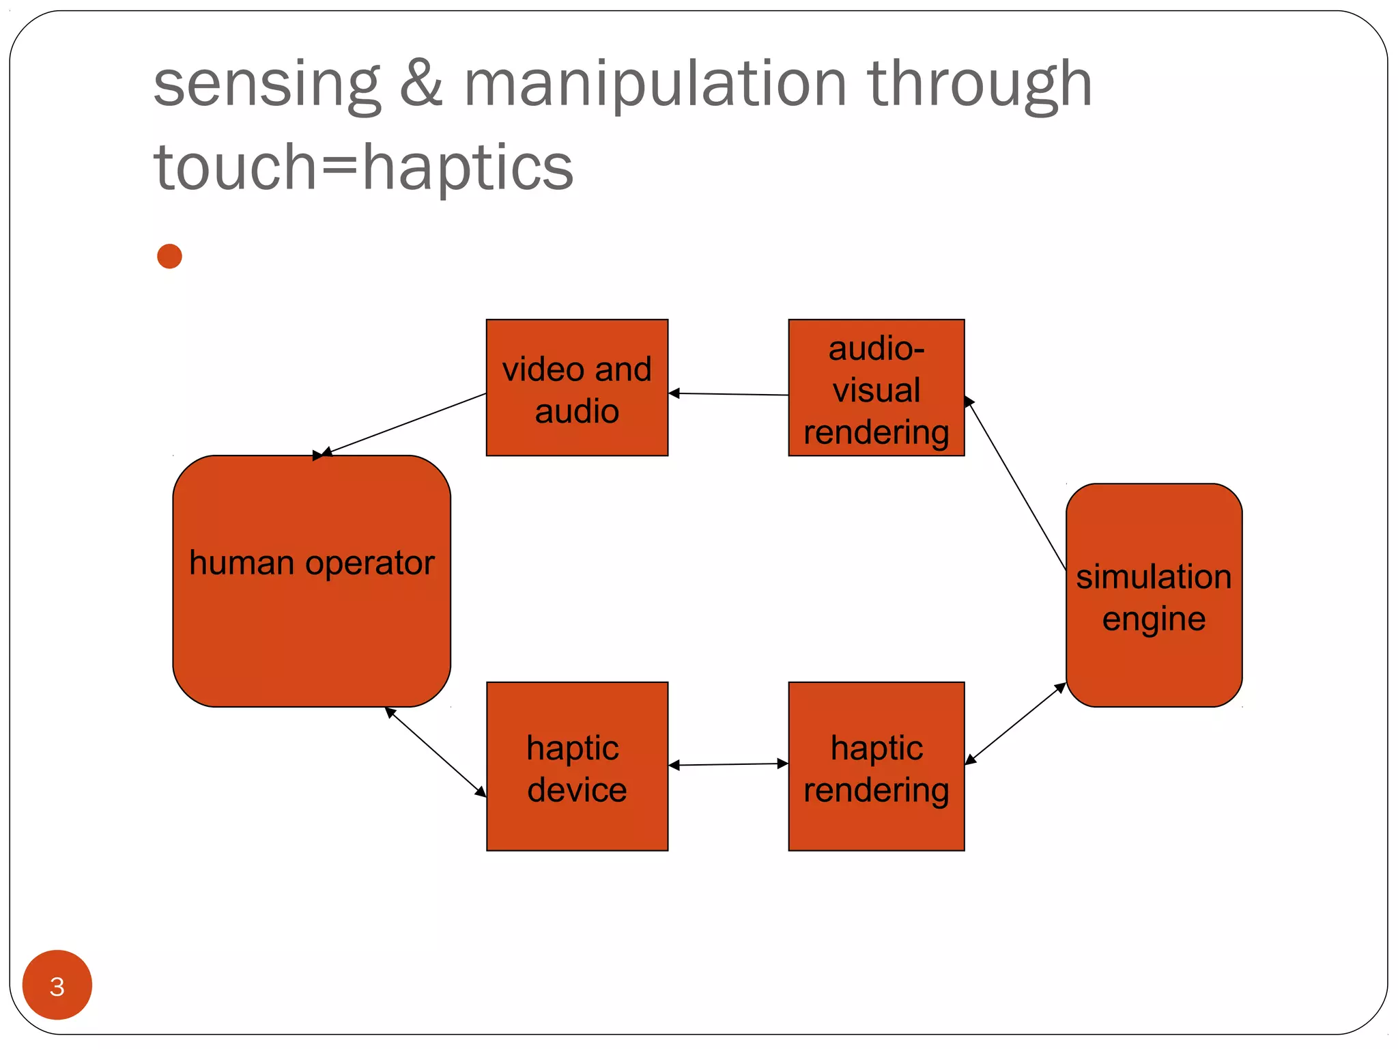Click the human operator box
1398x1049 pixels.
coord(311,615)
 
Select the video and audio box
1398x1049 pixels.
coord(577,388)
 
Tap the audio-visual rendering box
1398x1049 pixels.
coord(876,388)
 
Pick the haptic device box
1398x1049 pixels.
coord(577,766)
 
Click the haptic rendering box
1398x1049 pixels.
coord(876,766)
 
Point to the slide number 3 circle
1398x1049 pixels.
coord(57,985)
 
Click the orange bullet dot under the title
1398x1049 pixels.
coord(169,257)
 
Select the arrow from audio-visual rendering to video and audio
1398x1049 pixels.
coord(728,394)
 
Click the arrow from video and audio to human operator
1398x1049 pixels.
coord(404,424)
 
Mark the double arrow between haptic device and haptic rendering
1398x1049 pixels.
coord(728,764)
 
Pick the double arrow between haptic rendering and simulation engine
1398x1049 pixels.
coord(1016,723)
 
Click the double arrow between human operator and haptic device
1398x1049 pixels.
coord(436,751)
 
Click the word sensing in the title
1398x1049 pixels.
coord(266,85)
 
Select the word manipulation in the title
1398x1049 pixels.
coord(655,85)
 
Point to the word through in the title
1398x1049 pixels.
coord(980,85)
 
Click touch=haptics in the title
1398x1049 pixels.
coord(363,168)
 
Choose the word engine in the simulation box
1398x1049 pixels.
coord(1154,619)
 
